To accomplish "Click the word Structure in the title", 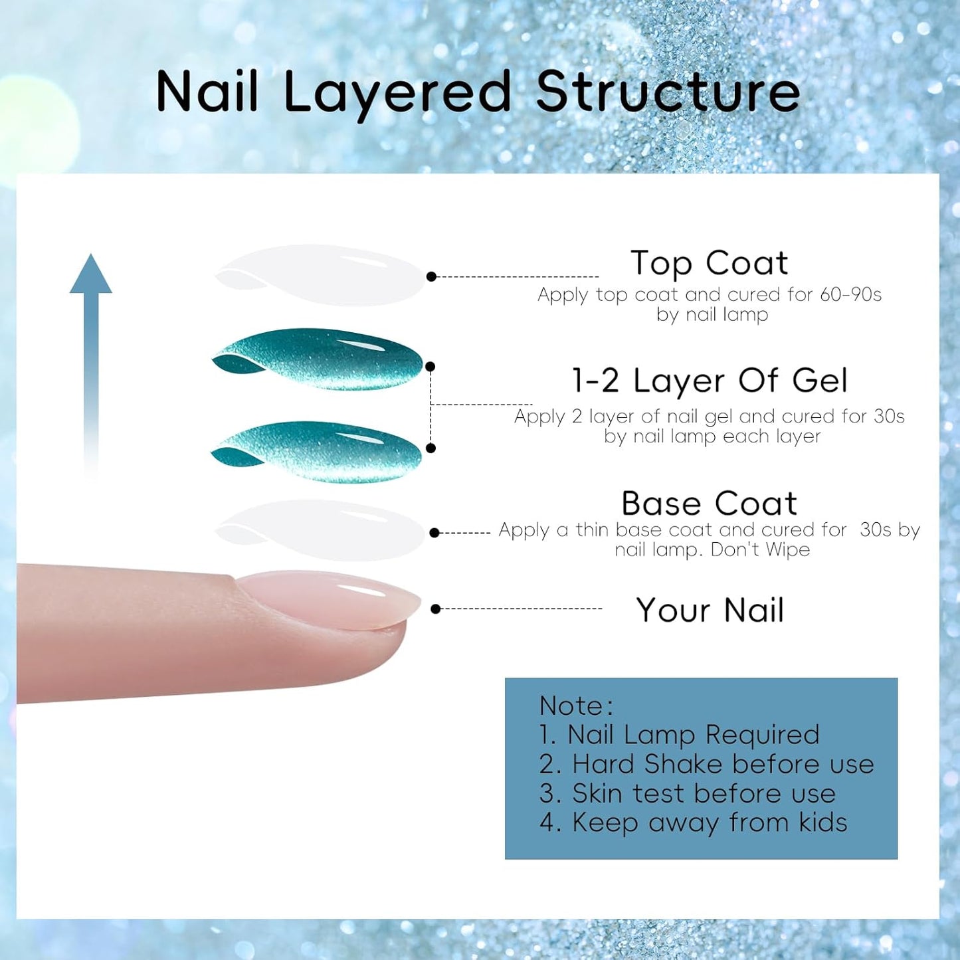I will [668, 92].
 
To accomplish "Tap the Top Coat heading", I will [709, 263].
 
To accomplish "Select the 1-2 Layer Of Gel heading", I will [710, 381].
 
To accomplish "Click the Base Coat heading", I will [709, 503].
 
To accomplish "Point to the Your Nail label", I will [710, 610].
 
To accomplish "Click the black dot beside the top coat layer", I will [431, 276].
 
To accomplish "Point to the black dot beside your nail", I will [436, 609].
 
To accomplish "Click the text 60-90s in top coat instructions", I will [850, 294].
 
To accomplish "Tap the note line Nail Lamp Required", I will [680, 735].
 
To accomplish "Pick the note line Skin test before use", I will [688, 793].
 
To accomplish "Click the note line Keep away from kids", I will [694, 822].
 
